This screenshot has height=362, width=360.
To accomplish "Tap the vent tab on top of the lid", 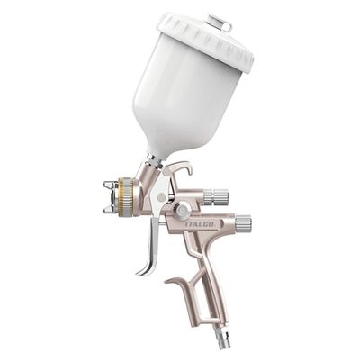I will pos(219,21).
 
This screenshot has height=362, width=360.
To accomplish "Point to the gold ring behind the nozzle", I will pos(126,195).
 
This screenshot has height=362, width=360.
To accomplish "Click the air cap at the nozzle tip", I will pos(110,196).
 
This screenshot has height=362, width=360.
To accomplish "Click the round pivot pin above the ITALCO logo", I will pos(182,210).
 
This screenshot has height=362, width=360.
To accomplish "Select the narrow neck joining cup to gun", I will pos(155,162).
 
